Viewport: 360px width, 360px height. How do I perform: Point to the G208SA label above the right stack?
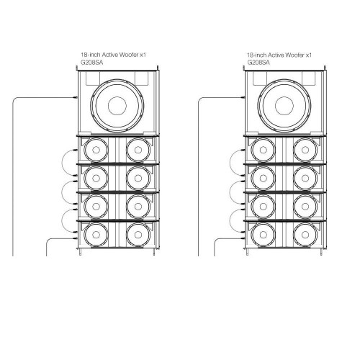tap(258, 63)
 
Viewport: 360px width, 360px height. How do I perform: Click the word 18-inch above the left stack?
tap(90, 55)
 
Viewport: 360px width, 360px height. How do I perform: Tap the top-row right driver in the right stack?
tap(302, 150)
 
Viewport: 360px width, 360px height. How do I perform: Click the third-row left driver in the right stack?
tap(262, 205)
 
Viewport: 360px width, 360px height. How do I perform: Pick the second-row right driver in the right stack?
tap(302, 177)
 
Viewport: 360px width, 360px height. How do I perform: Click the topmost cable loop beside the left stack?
tap(70, 159)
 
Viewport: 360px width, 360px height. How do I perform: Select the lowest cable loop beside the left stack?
tap(70, 216)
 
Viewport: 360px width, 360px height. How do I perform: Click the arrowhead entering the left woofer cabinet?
tap(76, 97)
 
